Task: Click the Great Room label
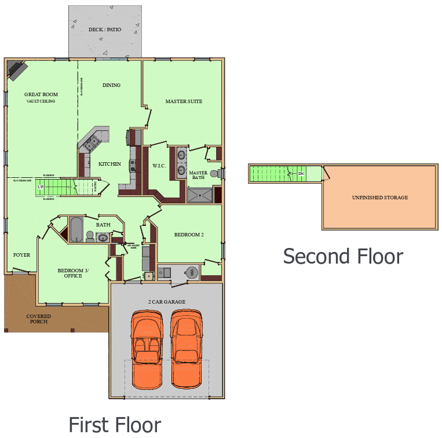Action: pos(41,94)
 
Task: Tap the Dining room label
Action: pos(111,85)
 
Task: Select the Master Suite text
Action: pos(184,101)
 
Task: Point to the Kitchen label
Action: pos(109,164)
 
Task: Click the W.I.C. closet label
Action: pos(160,166)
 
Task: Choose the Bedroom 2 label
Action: pos(189,235)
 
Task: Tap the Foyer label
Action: pos(21,254)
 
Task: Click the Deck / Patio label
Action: pos(105,30)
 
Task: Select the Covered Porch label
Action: pos(38,319)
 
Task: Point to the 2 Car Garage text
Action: pos(167,302)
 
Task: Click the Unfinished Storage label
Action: pos(379,198)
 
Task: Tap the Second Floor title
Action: pos(343,256)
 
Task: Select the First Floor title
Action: pos(115,425)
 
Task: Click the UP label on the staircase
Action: pos(41,187)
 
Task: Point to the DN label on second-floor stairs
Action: pos(301,173)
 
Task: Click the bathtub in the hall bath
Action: pos(76,229)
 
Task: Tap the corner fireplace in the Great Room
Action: pos(17,71)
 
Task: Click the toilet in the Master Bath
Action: pos(215,173)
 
